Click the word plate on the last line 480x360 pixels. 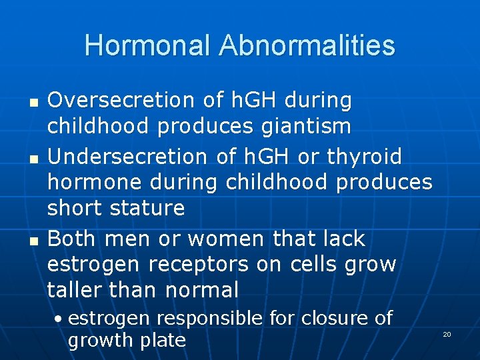(x=163, y=340)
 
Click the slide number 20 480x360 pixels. (x=447, y=334)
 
